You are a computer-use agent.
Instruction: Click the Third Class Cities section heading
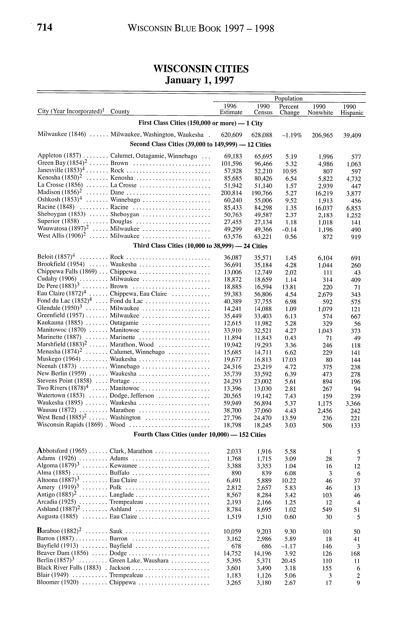pos(200,246)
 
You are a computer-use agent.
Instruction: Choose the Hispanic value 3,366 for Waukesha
pos(353,404)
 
